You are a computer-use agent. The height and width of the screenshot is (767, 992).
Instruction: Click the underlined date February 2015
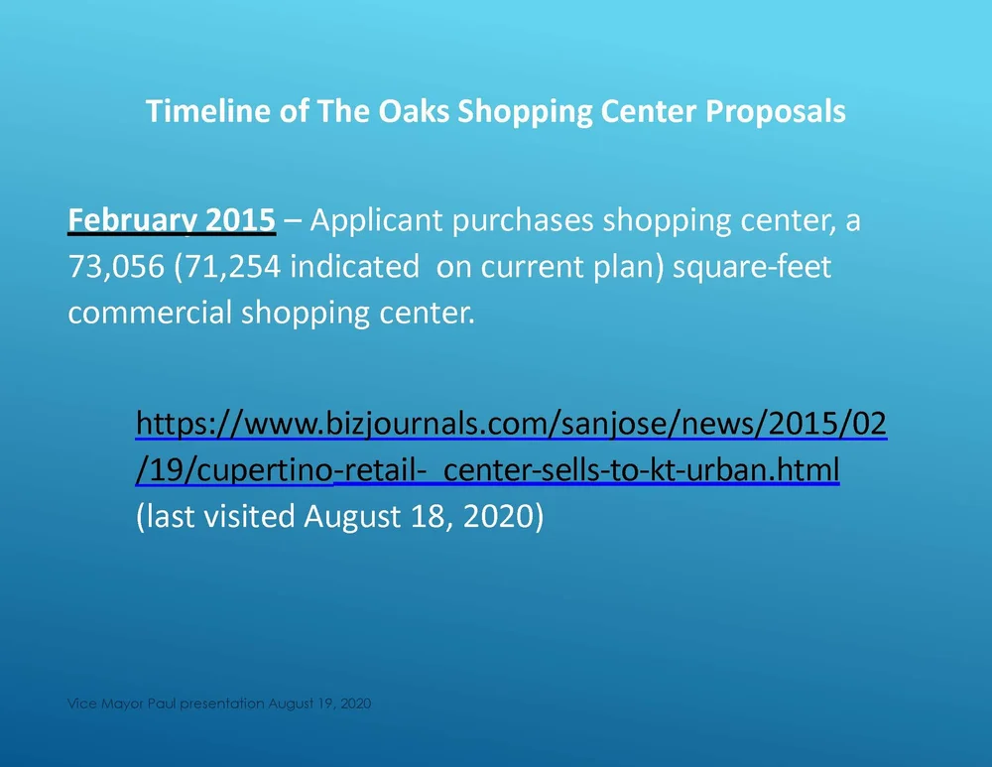point(171,220)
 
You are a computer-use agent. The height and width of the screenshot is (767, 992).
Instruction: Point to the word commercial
point(151,314)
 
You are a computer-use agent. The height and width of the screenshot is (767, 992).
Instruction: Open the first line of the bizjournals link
point(511,425)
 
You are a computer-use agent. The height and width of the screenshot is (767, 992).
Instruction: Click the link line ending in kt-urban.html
point(487,470)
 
